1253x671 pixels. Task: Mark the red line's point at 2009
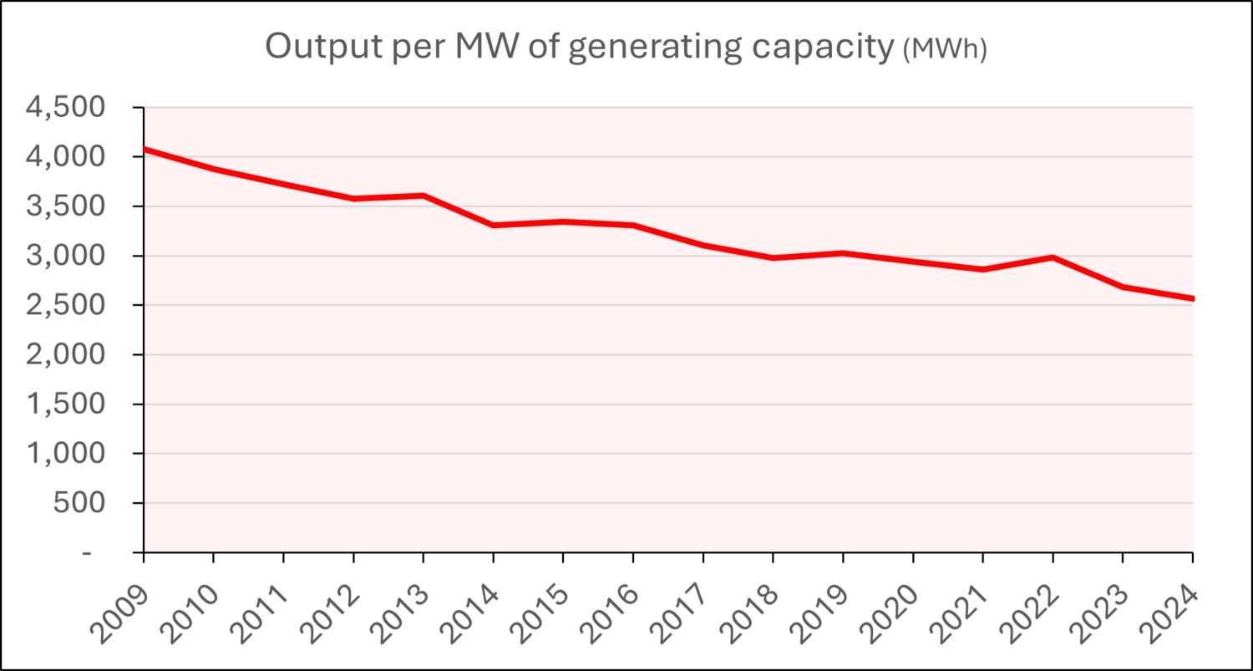tap(145, 150)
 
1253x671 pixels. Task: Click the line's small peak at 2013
tap(424, 196)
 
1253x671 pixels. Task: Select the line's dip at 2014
tap(494, 226)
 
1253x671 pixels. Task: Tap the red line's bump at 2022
tap(1053, 257)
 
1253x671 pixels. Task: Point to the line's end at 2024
tap(1191, 298)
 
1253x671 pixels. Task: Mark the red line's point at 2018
tap(774, 258)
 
